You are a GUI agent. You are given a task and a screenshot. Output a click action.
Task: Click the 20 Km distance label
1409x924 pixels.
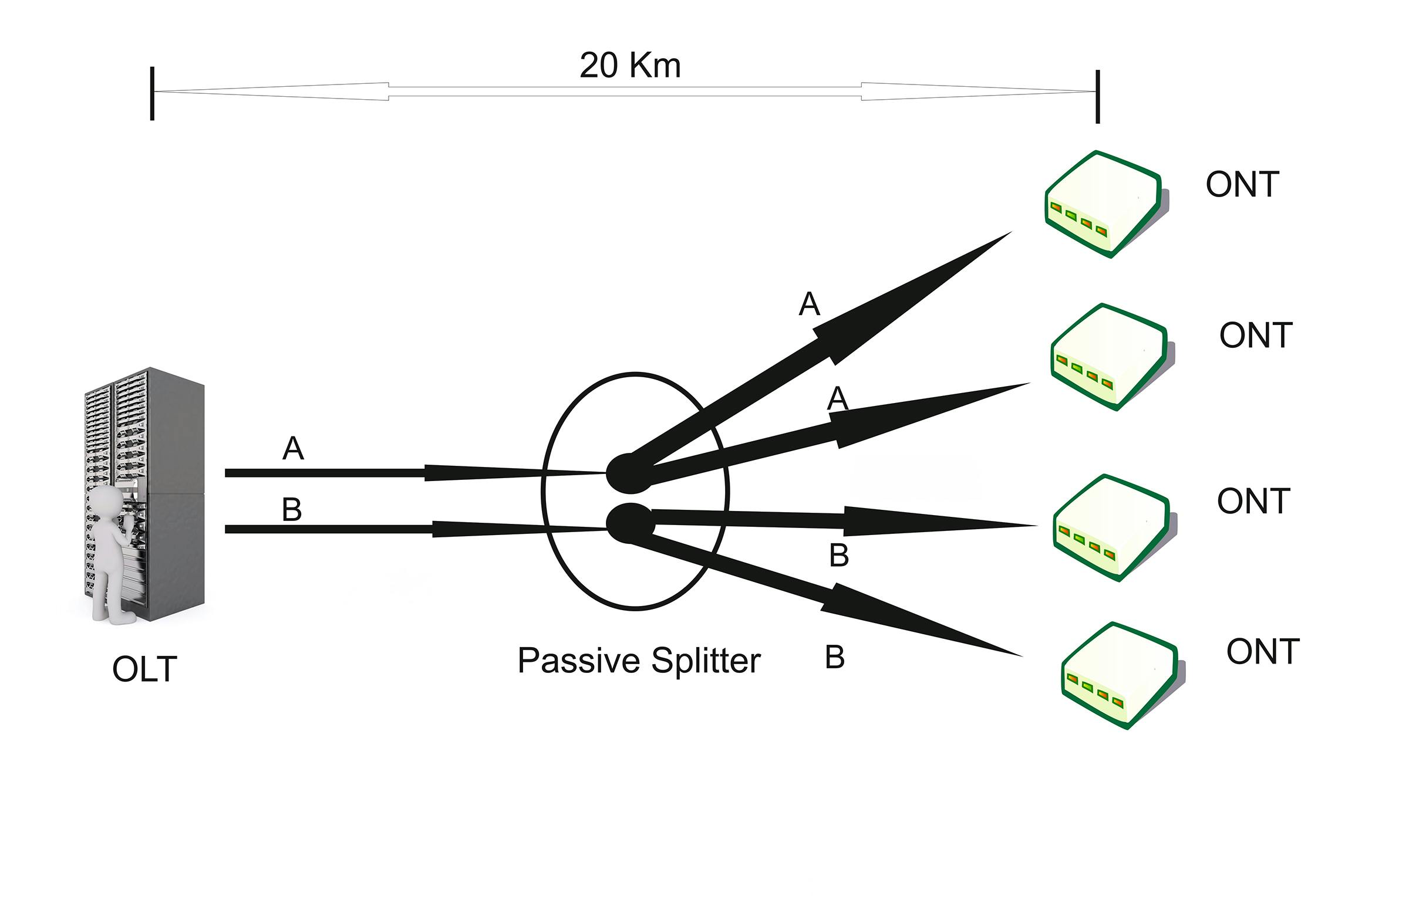point(630,65)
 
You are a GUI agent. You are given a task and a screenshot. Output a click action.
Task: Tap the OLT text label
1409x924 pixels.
point(144,669)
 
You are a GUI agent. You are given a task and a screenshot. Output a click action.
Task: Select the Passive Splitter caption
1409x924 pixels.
point(638,660)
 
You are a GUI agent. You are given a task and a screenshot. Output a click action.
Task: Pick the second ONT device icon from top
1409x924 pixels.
point(1111,357)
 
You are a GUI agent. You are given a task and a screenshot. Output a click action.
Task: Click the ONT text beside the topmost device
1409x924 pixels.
point(1242,185)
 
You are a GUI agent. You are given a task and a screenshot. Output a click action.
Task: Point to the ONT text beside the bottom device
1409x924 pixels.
point(1263,652)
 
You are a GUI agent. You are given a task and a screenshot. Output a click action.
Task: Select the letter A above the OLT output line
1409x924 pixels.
point(293,448)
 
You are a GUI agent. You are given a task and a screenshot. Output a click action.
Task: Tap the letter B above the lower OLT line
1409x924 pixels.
point(292,510)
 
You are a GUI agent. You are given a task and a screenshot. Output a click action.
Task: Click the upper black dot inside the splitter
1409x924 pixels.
point(630,473)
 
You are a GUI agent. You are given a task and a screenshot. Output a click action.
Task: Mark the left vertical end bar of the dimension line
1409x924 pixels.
point(152,93)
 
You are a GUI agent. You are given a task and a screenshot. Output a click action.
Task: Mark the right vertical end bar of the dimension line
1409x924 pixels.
point(1098,96)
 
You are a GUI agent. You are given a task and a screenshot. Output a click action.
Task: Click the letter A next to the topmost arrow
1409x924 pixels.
point(809,304)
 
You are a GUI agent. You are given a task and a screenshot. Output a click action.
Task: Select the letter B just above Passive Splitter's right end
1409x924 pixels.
point(835,657)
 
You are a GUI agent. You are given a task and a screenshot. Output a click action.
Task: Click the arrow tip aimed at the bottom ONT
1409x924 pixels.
point(1018,654)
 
